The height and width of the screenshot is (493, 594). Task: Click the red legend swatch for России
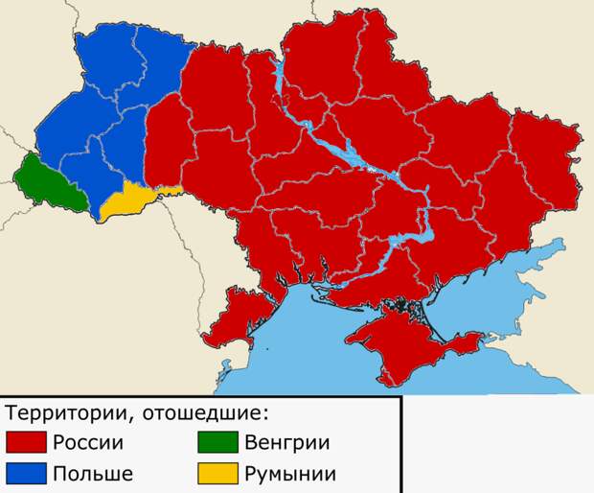point(26,443)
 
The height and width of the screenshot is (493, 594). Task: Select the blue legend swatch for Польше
point(26,473)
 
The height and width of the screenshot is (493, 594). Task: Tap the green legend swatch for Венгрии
point(217,443)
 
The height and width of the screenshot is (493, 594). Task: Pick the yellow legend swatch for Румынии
point(217,473)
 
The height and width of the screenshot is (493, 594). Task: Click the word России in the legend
point(88,443)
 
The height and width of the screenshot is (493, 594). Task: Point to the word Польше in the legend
point(92,474)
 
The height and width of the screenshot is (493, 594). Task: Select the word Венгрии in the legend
point(286,443)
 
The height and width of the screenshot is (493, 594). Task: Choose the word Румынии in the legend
point(289,474)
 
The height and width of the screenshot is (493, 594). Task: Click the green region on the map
point(48,182)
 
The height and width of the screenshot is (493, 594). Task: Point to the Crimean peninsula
point(393,336)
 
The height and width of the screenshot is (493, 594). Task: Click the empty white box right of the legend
point(496,444)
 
